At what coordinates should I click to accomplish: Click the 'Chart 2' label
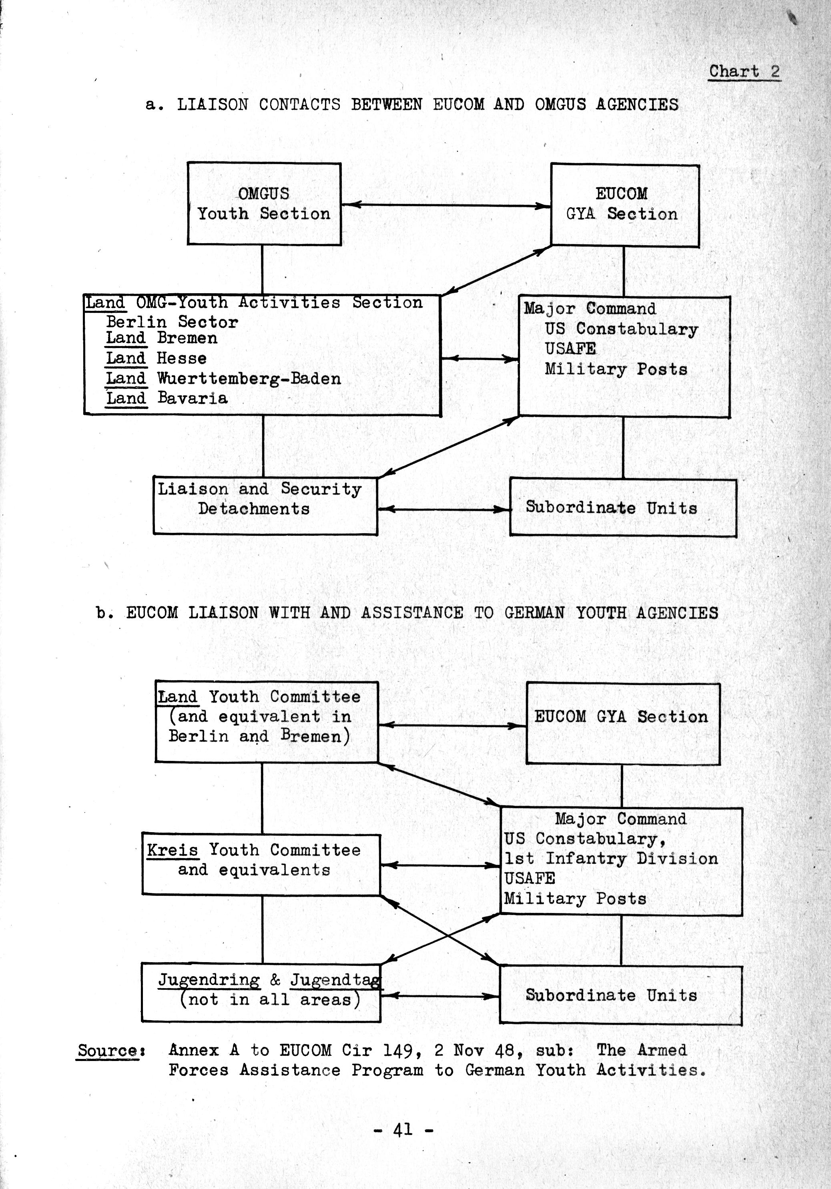(x=744, y=72)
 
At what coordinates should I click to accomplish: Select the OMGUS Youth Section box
(x=264, y=204)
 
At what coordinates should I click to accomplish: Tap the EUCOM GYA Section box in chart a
(x=624, y=205)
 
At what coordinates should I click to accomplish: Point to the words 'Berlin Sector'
(x=172, y=322)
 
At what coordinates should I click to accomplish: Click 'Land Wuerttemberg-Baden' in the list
(x=223, y=378)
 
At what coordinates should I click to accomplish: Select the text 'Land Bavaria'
(x=166, y=398)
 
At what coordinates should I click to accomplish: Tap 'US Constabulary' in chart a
(x=621, y=329)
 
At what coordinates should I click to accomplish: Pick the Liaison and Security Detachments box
(x=265, y=505)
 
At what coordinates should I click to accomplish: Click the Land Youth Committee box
(x=266, y=721)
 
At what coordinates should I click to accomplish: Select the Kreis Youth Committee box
(x=261, y=864)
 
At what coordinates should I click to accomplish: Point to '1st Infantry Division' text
(x=611, y=859)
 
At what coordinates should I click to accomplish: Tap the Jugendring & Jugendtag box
(x=261, y=992)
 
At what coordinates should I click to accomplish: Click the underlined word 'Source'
(x=107, y=1051)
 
